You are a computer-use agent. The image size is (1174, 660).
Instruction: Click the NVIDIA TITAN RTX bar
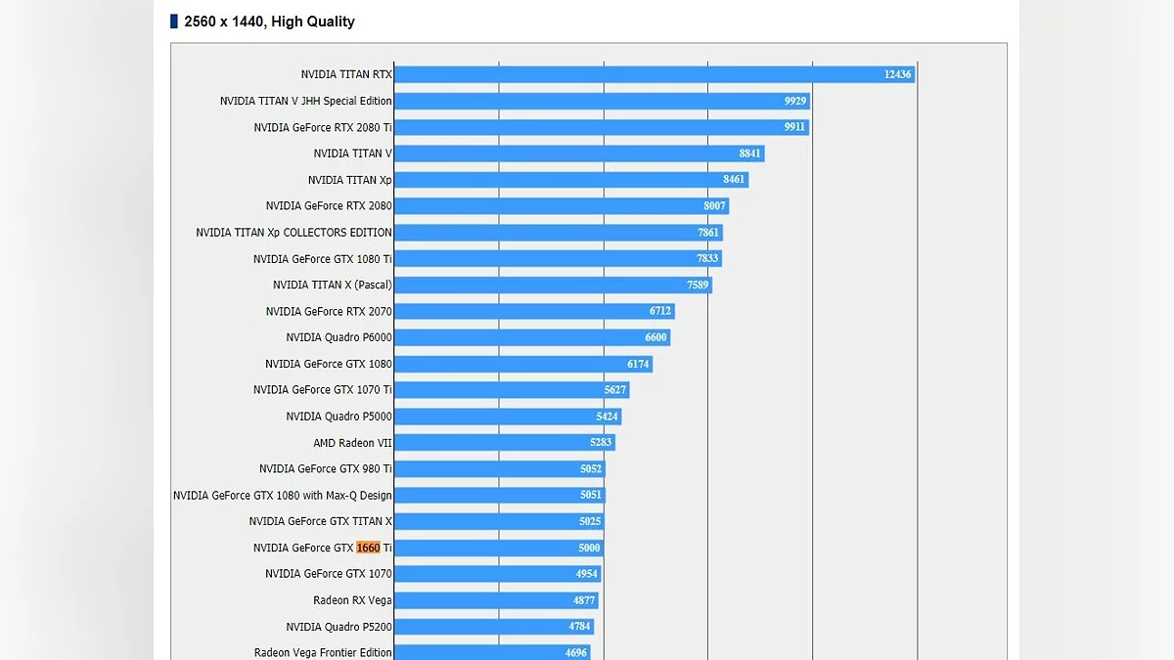coord(654,74)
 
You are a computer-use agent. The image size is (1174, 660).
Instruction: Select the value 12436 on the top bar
coord(897,74)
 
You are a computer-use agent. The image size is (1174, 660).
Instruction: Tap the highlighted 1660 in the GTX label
coord(368,548)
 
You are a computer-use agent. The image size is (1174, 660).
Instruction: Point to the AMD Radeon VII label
coord(352,443)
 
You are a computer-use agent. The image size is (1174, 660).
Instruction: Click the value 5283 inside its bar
coord(601,443)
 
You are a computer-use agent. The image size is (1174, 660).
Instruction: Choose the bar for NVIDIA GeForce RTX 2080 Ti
coord(601,127)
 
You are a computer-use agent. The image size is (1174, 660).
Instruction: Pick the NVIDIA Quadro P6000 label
coord(339,337)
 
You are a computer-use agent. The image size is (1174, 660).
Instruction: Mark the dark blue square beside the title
coord(174,22)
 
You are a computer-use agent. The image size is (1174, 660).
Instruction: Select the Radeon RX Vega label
coord(352,600)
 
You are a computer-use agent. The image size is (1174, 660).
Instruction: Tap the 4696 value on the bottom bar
coord(576,652)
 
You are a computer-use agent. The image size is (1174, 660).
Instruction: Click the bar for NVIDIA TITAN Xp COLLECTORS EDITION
coord(558,233)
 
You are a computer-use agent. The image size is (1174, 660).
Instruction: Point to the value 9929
coord(794,101)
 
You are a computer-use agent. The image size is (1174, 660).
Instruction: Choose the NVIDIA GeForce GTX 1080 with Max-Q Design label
coord(282,495)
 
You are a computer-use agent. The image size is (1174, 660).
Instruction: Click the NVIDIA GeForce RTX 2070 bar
coord(534,311)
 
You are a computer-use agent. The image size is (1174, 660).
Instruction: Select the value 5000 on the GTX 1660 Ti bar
coord(589,548)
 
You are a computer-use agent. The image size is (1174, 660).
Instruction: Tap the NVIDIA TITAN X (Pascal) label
coord(332,285)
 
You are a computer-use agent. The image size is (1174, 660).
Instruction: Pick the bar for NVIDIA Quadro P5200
coord(493,626)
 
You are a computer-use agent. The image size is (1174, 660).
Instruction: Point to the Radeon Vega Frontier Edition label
coord(323,652)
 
